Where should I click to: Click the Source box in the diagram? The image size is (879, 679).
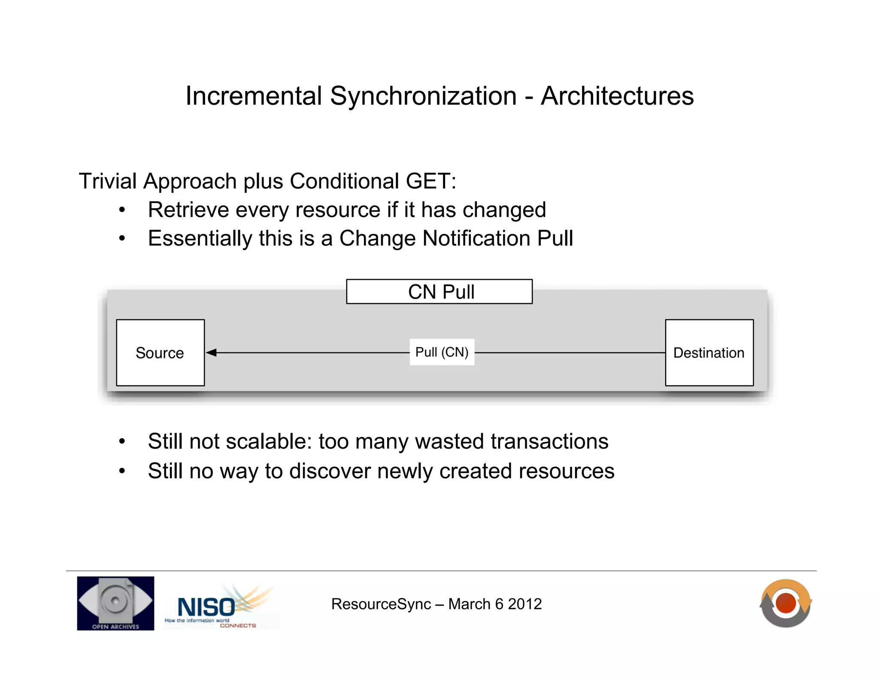click(160, 352)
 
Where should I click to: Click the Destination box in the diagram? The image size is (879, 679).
click(709, 352)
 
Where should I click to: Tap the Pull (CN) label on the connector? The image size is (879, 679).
click(442, 352)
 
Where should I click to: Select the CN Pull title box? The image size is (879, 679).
click(439, 292)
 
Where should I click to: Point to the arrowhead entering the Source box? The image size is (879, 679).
click(211, 353)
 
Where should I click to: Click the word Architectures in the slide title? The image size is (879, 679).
click(617, 96)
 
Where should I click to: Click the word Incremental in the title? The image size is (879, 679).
click(254, 96)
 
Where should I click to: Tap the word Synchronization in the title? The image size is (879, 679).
click(423, 96)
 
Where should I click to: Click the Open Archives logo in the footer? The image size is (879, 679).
click(115, 603)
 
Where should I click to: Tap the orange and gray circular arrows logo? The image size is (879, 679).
click(785, 603)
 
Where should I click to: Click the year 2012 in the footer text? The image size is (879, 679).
click(524, 604)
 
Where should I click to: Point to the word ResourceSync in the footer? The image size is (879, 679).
click(381, 604)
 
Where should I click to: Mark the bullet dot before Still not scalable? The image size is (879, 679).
click(122, 442)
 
